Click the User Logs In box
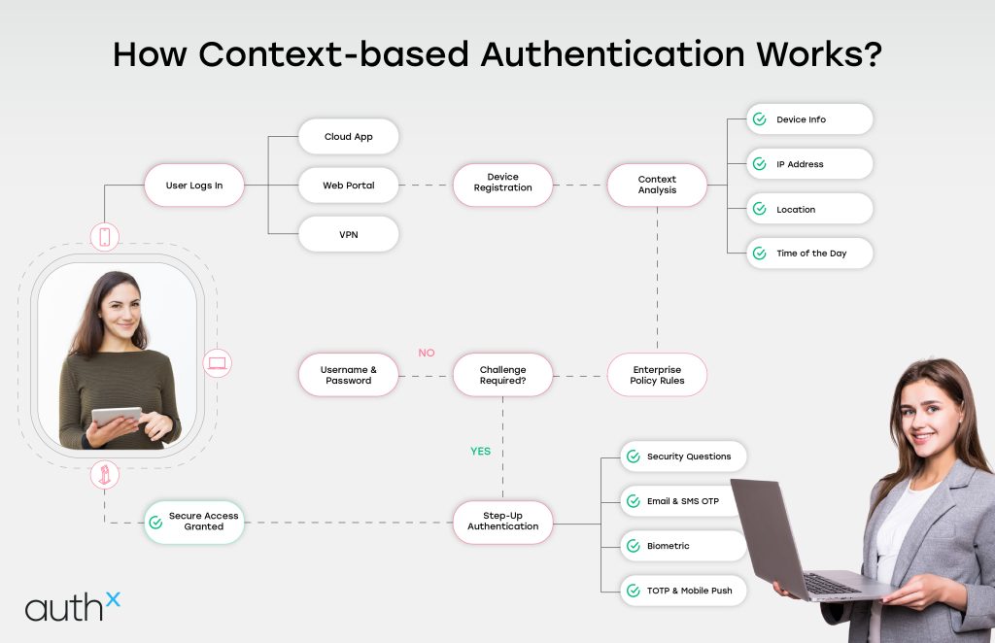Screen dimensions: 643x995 click(x=193, y=186)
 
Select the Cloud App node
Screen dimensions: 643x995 click(x=349, y=137)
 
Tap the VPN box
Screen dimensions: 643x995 click(x=349, y=234)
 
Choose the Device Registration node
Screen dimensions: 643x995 click(x=502, y=183)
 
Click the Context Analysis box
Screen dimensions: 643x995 click(x=657, y=185)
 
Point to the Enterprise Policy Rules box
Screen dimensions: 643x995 click(x=658, y=375)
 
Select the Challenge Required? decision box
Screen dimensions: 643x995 click(x=502, y=375)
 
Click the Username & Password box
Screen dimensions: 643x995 click(x=348, y=375)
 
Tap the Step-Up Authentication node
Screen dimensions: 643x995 click(x=502, y=521)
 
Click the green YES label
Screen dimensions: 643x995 click(x=480, y=451)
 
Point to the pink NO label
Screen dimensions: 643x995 click(x=426, y=353)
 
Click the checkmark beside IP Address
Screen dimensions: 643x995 click(x=759, y=164)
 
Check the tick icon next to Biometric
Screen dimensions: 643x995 click(x=633, y=546)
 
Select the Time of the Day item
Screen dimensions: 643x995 click(x=809, y=254)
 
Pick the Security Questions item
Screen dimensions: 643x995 click(x=683, y=457)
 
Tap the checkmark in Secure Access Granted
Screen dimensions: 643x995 click(x=155, y=522)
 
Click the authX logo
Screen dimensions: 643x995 click(x=73, y=606)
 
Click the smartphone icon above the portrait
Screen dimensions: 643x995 click(x=105, y=236)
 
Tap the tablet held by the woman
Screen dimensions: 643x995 click(x=116, y=416)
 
